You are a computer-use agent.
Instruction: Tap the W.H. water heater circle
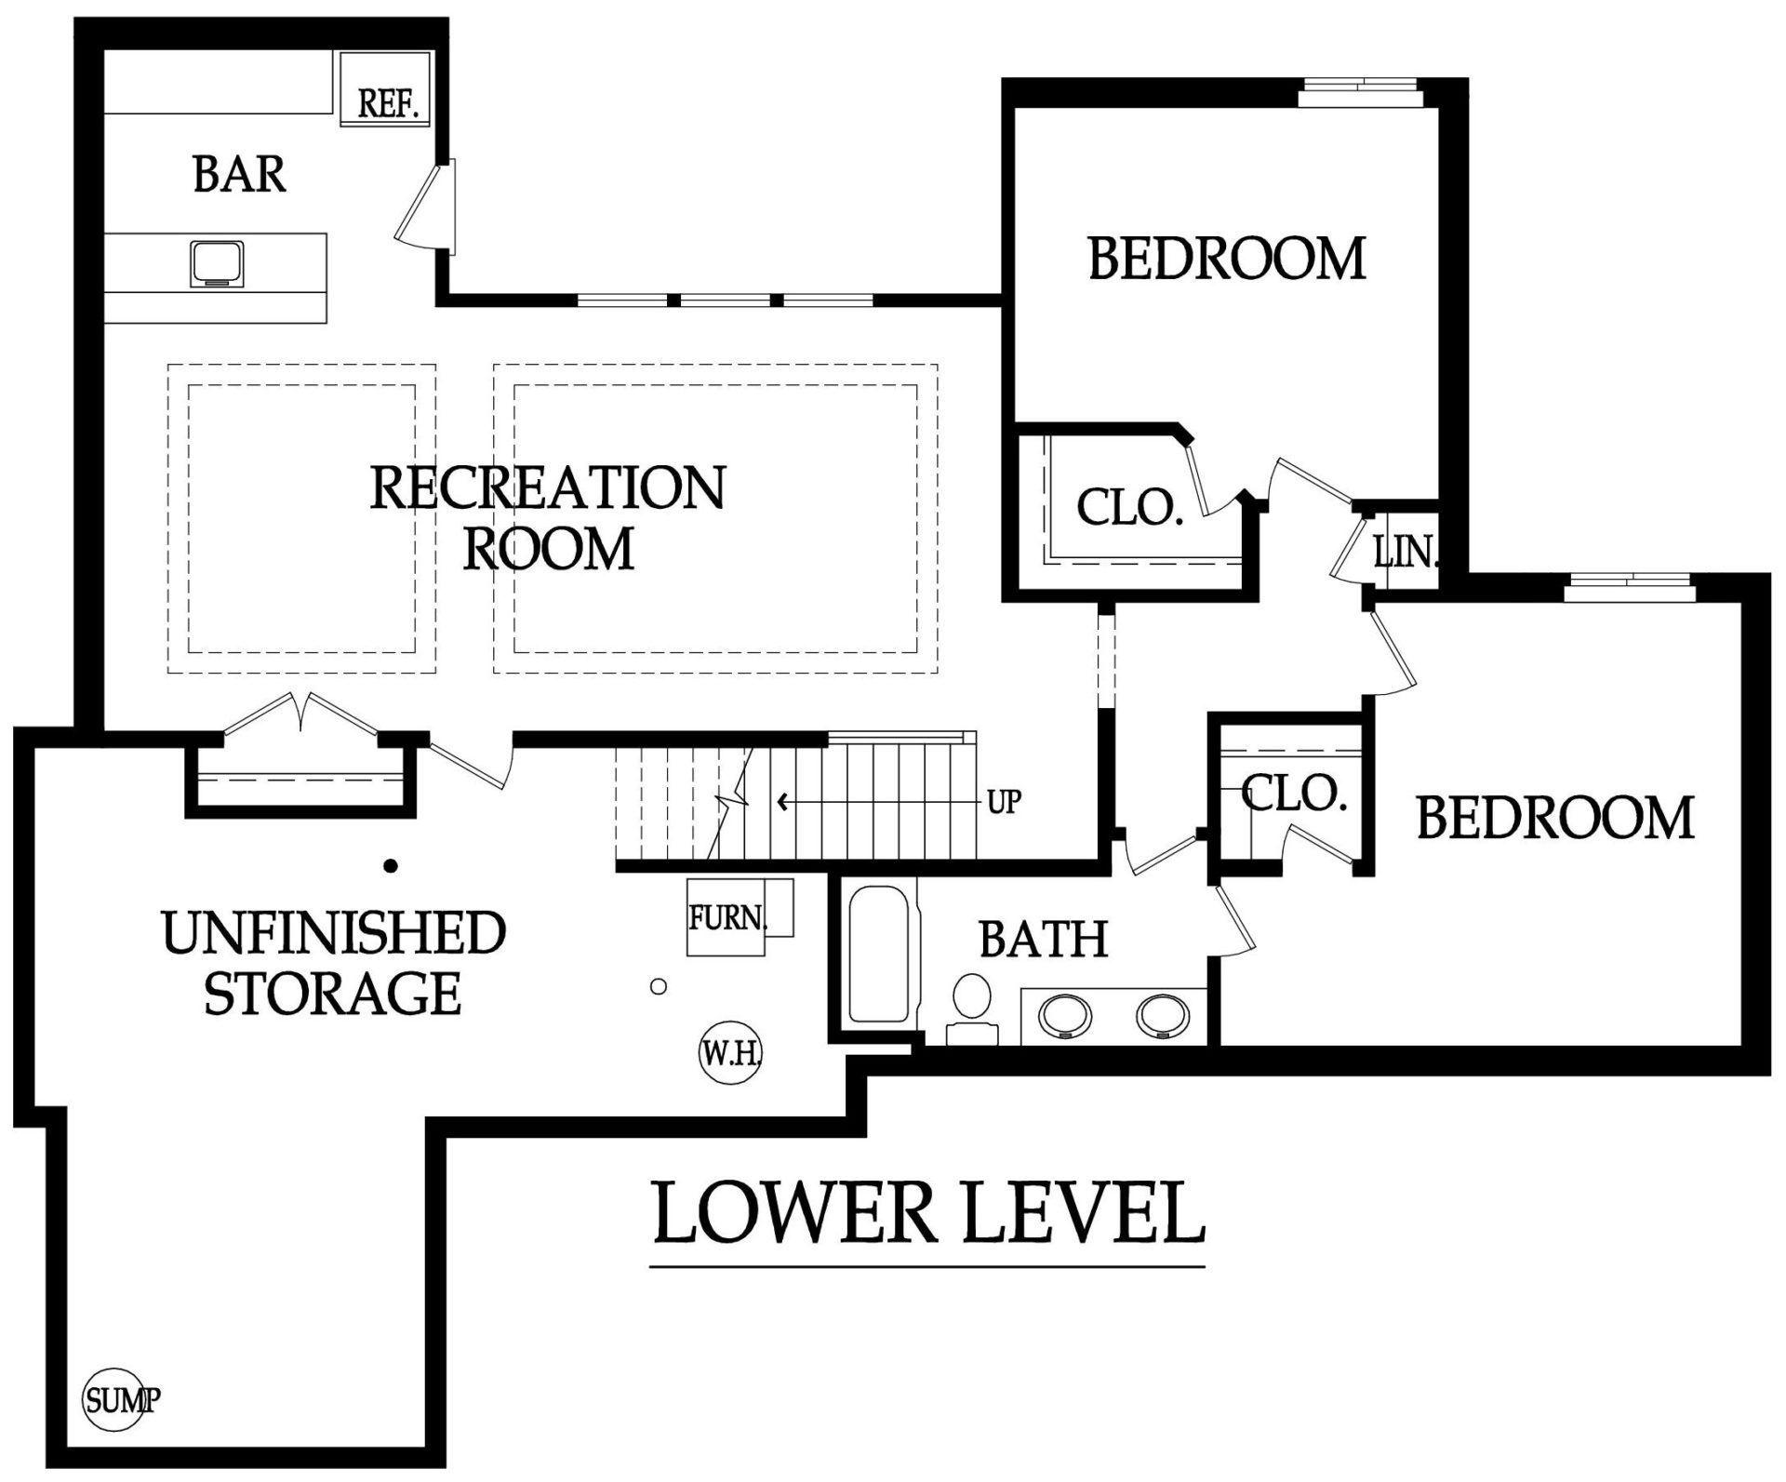pyautogui.click(x=730, y=1053)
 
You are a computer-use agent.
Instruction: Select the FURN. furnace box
pyautogui.click(x=740, y=917)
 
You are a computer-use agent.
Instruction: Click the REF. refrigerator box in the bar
pyautogui.click(x=385, y=88)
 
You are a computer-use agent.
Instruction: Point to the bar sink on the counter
pyautogui.click(x=218, y=263)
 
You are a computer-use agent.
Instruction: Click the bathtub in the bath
pyautogui.click(x=879, y=955)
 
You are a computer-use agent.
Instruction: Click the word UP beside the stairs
pyautogui.click(x=1004, y=801)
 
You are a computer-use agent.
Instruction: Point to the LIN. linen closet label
pyautogui.click(x=1406, y=553)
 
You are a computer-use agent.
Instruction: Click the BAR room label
pyautogui.click(x=239, y=174)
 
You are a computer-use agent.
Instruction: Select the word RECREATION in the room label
pyautogui.click(x=548, y=487)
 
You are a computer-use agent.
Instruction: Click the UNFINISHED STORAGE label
pyautogui.click(x=333, y=963)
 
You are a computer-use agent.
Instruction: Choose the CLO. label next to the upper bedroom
pyautogui.click(x=1129, y=508)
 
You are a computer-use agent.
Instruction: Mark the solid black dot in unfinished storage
pyautogui.click(x=391, y=866)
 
